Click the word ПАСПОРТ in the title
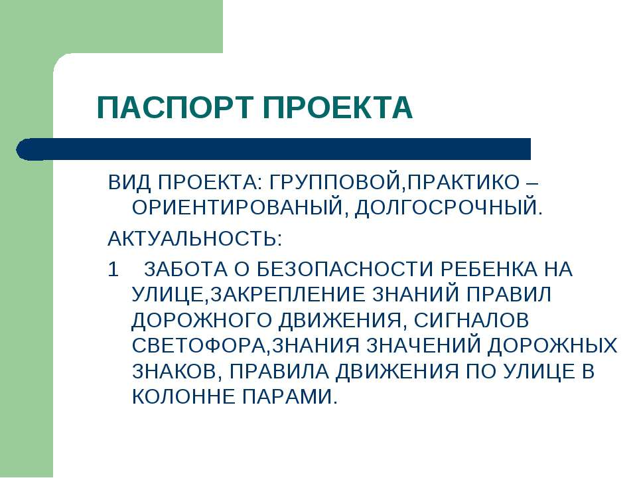tap(175, 108)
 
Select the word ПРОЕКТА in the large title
tap(338, 108)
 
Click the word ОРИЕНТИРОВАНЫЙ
tap(238, 207)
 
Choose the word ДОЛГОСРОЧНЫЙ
tap(446, 207)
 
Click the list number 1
tap(113, 270)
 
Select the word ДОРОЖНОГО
tap(202, 320)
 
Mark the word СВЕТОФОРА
tap(198, 345)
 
